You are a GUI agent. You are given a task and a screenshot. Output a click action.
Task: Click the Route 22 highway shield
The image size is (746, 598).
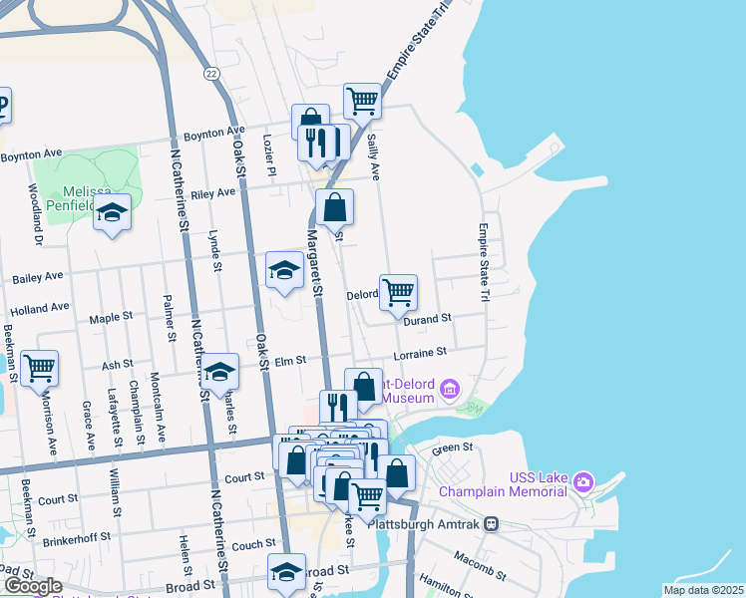tap(210, 73)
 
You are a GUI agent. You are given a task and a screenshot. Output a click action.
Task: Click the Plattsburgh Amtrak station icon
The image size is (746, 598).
tap(491, 523)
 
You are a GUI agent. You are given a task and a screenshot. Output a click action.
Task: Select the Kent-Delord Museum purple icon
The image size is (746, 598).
tap(451, 387)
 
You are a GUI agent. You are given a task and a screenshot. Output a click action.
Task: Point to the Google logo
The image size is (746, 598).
tap(32, 586)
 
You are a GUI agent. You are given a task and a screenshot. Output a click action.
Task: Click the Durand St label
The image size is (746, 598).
tap(428, 318)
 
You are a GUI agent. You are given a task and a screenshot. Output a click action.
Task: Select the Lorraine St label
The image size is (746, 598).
tap(419, 353)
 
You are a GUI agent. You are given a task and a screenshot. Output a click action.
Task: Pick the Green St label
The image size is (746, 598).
tap(451, 448)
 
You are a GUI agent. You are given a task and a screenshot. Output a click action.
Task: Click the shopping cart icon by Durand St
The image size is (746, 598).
tap(398, 292)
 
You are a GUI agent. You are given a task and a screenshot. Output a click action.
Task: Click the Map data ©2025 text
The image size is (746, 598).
tap(702, 590)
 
